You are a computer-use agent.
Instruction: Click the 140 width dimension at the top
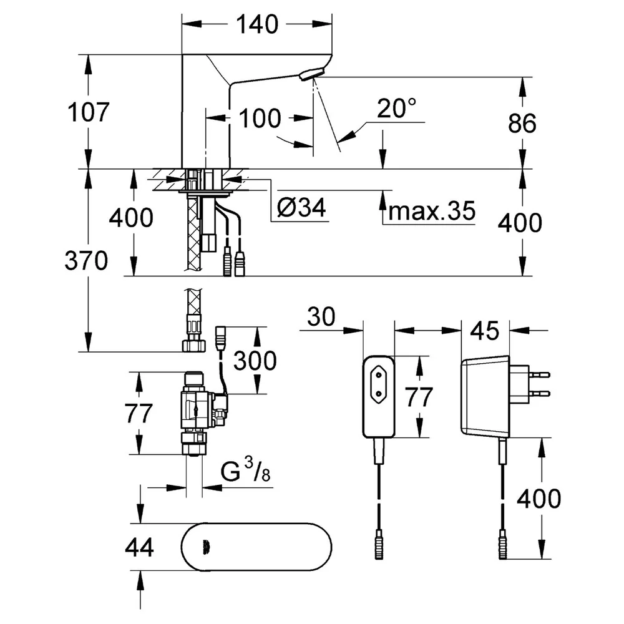coord(257,25)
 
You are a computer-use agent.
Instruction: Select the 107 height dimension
coord(89,112)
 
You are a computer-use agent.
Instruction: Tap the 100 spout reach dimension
coord(260,118)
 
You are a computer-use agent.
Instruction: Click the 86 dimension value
coord(522,123)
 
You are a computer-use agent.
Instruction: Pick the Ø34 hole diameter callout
coord(301,207)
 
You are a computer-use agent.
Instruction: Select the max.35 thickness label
coord(432,210)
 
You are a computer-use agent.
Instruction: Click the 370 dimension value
coord(86,261)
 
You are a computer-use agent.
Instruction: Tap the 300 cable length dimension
coord(255,361)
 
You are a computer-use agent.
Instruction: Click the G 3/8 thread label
coord(245,470)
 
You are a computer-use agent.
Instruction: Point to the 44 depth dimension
coord(139,547)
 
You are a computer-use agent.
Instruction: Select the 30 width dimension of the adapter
coord(321,317)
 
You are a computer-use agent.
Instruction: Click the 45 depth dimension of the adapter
coord(485,330)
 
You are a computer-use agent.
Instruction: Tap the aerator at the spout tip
coord(312,74)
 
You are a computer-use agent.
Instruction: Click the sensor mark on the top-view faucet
coord(205,548)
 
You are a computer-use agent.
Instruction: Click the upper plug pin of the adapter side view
coord(539,374)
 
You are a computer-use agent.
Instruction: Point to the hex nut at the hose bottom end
coord(194,345)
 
